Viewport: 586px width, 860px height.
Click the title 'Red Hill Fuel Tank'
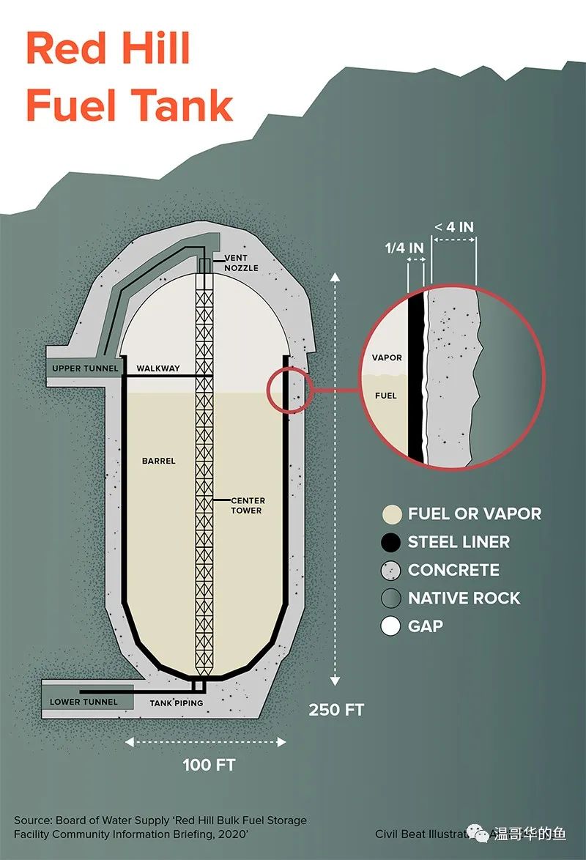point(129,78)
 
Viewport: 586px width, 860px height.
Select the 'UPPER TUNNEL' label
point(85,368)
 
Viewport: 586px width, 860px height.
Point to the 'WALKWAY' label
point(158,368)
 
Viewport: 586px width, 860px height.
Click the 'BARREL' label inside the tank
point(159,461)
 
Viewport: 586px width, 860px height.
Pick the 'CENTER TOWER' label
point(247,505)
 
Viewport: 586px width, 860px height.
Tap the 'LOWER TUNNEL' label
point(84,702)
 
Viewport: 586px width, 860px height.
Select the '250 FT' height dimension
point(336,710)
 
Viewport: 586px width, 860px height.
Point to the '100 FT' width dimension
point(209,766)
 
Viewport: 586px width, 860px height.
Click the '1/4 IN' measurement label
point(404,248)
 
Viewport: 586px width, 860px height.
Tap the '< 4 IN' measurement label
point(454,227)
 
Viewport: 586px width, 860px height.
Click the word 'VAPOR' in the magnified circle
point(386,357)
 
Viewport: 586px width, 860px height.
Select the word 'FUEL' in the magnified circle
point(386,396)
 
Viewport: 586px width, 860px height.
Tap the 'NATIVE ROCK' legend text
point(464,598)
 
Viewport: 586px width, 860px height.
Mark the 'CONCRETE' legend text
point(453,570)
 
